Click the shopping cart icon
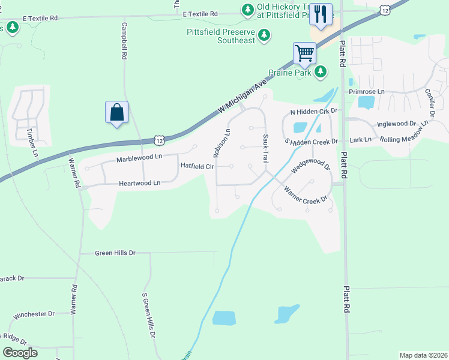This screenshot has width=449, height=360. (305, 53)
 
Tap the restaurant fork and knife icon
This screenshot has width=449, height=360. (321, 14)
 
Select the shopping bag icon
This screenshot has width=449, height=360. (116, 112)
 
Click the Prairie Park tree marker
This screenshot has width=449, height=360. (321, 72)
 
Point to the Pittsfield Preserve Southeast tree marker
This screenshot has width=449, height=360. (264, 36)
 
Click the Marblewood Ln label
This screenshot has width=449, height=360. (139, 157)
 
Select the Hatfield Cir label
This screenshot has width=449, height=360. (197, 166)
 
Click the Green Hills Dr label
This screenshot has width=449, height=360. (115, 253)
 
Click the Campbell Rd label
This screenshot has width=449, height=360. (124, 41)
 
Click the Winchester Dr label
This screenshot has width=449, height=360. (34, 314)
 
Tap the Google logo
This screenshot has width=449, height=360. (20, 353)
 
